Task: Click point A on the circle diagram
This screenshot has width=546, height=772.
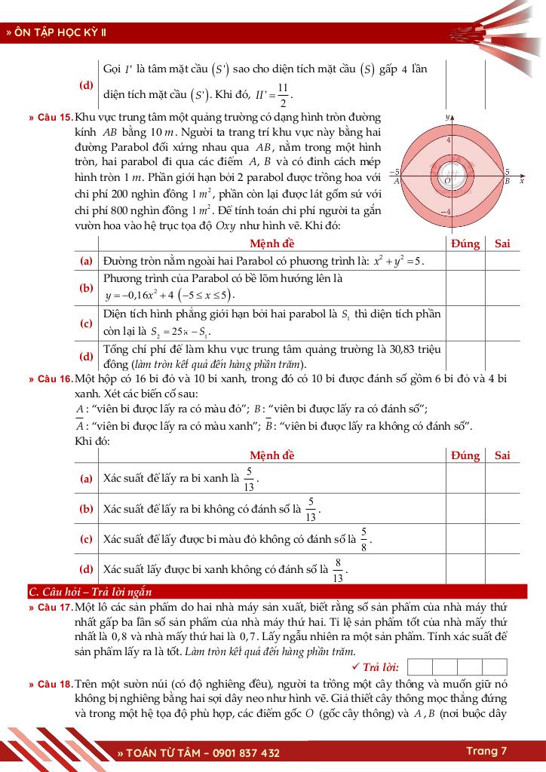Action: click(x=397, y=182)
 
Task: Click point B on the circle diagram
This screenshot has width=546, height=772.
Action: click(x=508, y=182)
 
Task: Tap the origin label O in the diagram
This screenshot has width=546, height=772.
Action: click(x=446, y=180)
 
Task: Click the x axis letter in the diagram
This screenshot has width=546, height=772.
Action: click(x=521, y=181)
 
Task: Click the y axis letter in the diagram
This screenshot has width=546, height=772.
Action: click(x=448, y=118)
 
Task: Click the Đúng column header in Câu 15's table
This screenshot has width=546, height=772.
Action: click(x=465, y=243)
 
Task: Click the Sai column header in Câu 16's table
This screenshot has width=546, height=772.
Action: click(x=502, y=455)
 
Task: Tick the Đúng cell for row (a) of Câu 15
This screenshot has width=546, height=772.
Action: click(x=465, y=261)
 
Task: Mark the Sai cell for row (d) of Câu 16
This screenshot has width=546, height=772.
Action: click(x=502, y=569)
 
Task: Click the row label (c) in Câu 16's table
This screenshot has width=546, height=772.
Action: click(x=87, y=539)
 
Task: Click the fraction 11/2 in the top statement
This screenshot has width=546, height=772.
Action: click(x=282, y=96)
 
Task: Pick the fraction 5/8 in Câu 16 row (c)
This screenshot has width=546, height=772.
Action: click(x=363, y=539)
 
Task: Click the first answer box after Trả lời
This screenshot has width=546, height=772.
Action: click(x=421, y=666)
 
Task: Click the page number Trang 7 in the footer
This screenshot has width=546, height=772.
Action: click(x=486, y=751)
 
